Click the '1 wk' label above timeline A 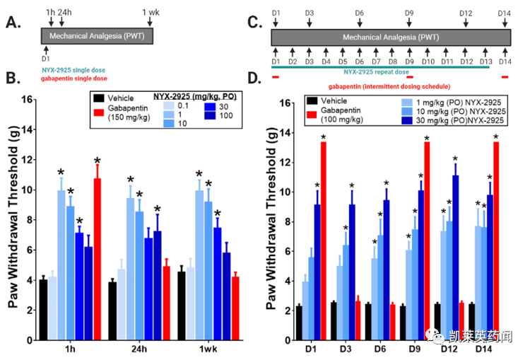click(151, 11)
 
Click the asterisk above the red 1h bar click(98, 161)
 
